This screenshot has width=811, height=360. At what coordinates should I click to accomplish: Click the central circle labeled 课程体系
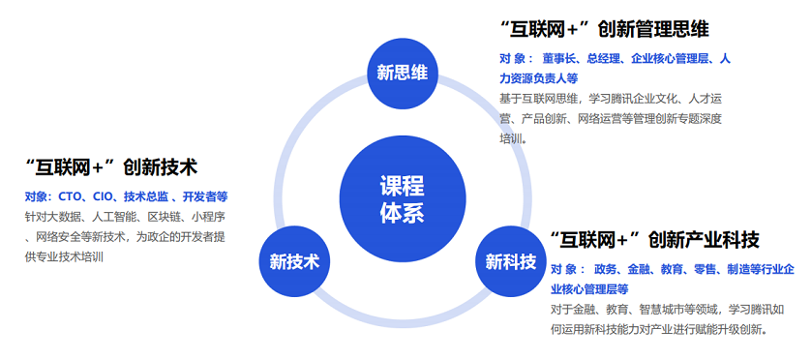point(402,200)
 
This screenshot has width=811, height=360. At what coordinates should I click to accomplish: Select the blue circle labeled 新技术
point(294,261)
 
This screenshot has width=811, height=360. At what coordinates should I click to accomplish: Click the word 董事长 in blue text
point(560,59)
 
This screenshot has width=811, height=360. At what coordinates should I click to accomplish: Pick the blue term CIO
point(108,196)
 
